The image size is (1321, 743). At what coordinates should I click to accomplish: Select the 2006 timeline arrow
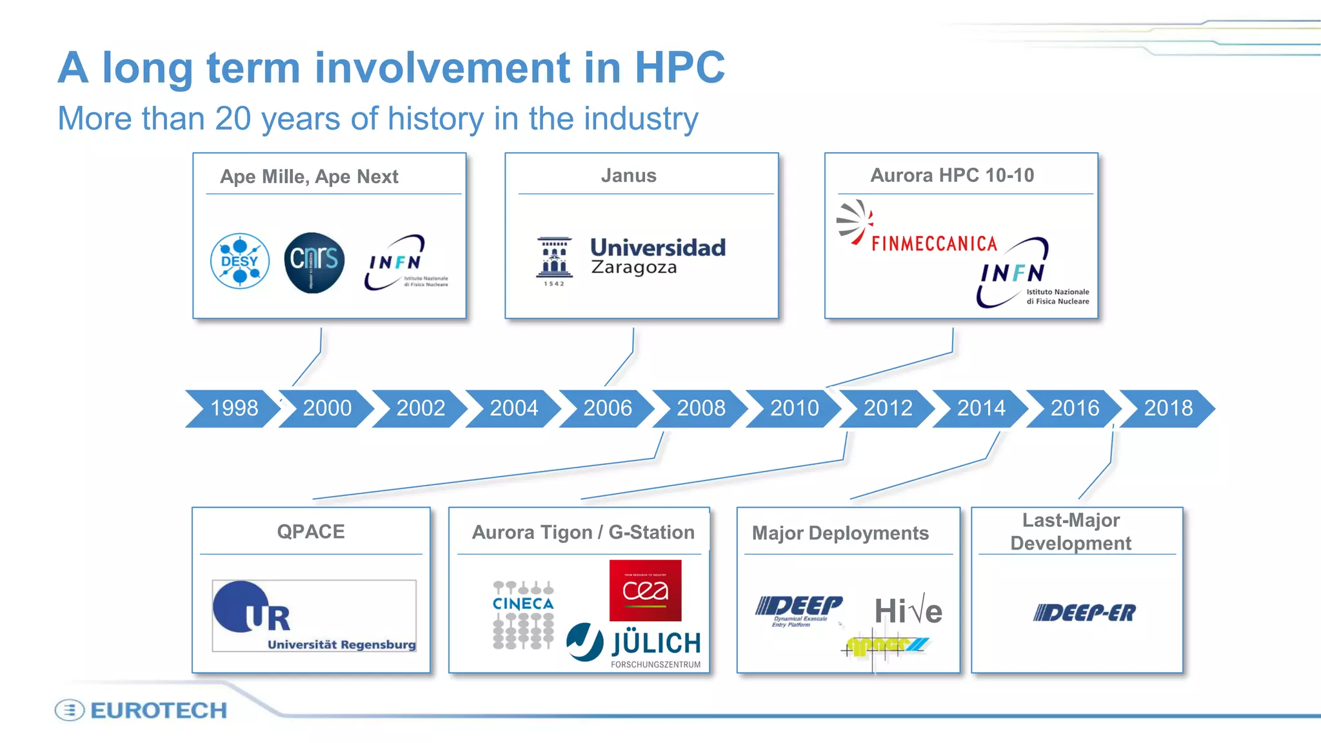pos(607,408)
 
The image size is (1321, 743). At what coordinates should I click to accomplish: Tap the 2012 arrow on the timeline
pos(888,408)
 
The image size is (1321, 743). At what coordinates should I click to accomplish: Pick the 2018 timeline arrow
pos(1167,408)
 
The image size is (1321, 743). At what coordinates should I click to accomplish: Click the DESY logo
pos(240,261)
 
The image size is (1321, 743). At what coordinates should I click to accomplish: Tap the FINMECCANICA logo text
pos(933,243)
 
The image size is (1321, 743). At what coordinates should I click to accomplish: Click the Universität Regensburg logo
pos(314,616)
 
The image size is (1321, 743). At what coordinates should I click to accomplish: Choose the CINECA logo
pos(523,615)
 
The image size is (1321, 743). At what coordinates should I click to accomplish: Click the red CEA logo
pos(645,590)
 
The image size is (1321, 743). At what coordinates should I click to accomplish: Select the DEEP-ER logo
pos(1084,613)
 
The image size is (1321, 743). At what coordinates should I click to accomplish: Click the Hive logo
pos(908,611)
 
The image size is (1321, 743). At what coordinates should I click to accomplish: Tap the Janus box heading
pos(628,175)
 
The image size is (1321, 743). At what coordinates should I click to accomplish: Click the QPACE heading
pos(311,531)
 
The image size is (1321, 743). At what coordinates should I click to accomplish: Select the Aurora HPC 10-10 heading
pos(952,175)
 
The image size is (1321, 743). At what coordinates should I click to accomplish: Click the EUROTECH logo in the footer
pos(142,710)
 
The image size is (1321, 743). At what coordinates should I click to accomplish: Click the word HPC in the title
pos(680,67)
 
